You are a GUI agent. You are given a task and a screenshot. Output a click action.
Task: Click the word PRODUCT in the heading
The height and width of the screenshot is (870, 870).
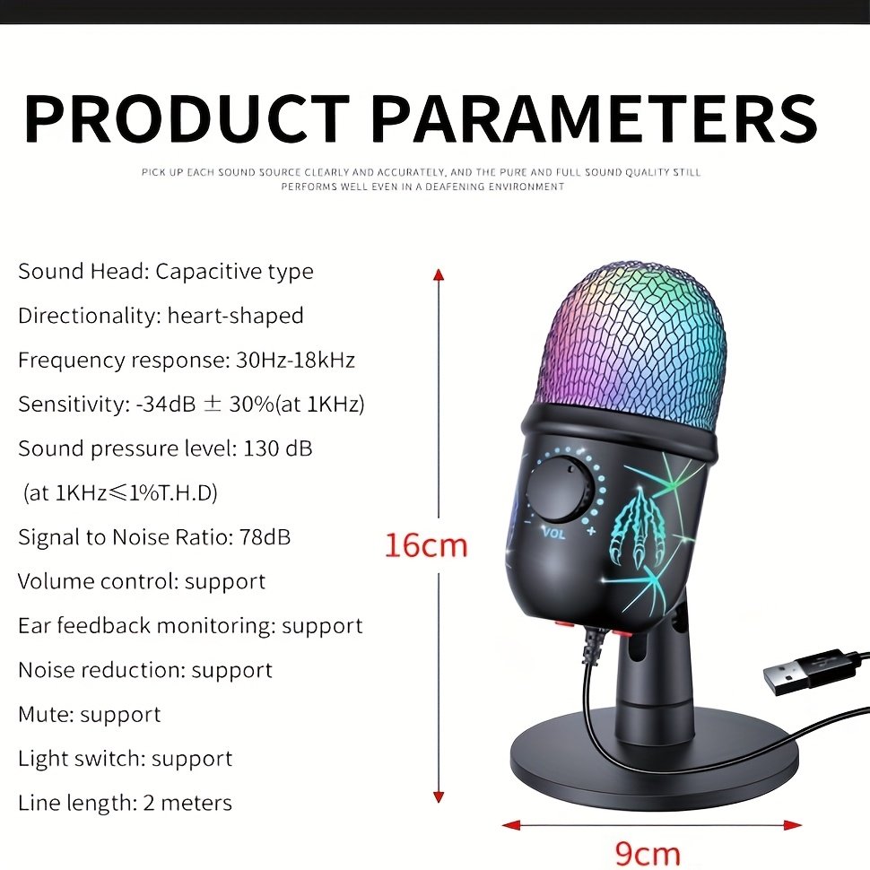click(187, 118)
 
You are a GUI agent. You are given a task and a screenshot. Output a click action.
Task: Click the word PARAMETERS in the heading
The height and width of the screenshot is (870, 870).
click(594, 118)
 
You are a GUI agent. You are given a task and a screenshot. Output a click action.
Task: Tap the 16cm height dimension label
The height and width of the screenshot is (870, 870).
click(426, 544)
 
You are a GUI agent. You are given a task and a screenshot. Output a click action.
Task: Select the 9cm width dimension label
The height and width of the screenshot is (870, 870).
click(647, 852)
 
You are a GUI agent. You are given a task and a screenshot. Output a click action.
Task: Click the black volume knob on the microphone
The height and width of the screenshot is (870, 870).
click(558, 490)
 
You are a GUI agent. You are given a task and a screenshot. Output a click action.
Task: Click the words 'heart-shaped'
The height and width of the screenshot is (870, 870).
click(235, 316)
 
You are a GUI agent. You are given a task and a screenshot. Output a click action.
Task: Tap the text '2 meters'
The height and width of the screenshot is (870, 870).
click(187, 803)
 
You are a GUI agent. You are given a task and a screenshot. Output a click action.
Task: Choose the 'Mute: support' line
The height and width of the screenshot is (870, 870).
click(90, 715)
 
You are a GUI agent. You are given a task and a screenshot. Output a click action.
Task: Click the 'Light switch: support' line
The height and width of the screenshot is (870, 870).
click(125, 759)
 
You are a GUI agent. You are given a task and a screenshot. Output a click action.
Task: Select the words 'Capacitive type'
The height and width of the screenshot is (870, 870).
click(234, 272)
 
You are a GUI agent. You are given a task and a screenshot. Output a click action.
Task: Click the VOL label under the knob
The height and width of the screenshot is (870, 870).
click(552, 531)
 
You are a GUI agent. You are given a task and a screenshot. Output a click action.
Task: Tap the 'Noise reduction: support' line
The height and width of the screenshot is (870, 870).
click(145, 670)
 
